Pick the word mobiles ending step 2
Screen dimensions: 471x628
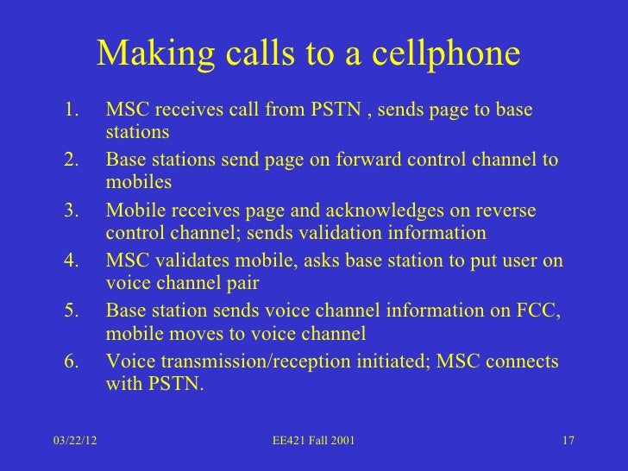coord(139,183)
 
